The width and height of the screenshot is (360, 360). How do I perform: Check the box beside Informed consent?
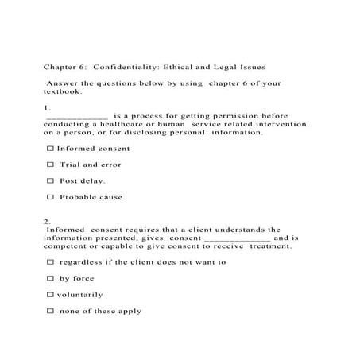tap(51, 149)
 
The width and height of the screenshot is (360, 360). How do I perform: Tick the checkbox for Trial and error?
tap(51, 165)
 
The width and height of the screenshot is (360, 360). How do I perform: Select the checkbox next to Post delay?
tap(51, 180)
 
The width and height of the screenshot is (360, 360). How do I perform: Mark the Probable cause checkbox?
tap(51, 197)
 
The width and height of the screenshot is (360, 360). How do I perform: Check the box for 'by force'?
tap(51, 278)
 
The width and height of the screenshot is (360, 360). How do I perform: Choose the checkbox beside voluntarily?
tap(51, 295)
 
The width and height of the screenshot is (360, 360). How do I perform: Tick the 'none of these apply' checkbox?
tap(51, 311)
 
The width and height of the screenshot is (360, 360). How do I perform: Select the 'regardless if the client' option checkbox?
tap(51, 262)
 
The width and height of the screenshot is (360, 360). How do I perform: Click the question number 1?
tap(48, 107)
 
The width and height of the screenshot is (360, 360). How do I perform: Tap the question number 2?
tap(48, 222)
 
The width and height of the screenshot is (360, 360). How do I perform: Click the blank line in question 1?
tap(77, 117)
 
